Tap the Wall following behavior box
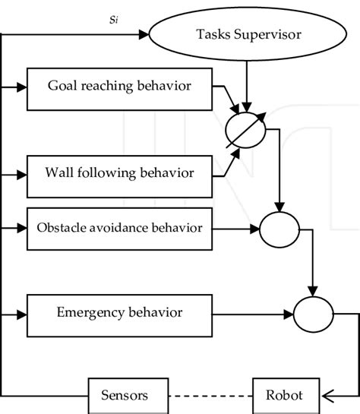tap(120, 172)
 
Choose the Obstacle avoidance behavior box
tap(120, 227)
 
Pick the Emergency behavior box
tap(120, 312)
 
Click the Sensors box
tap(124, 395)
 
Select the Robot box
tap(283, 395)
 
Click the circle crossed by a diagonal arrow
tap(245, 128)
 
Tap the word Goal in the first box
tap(62, 86)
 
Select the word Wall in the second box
tap(61, 172)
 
